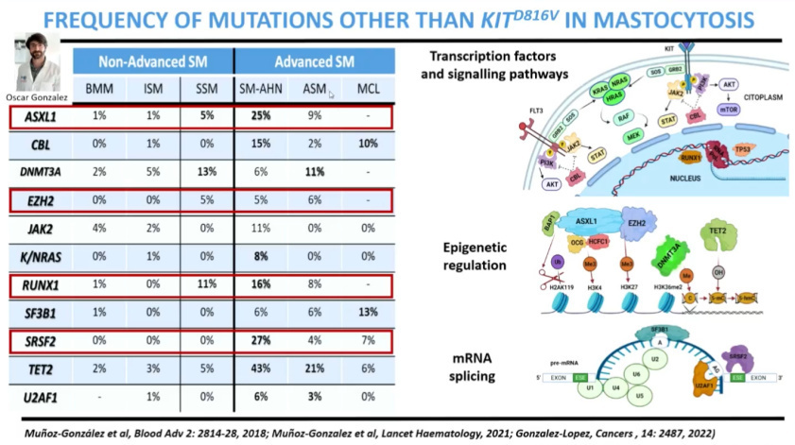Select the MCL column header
pyautogui.click(x=370, y=91)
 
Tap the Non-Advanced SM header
pyautogui.click(x=153, y=62)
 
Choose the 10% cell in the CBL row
pyautogui.click(x=370, y=144)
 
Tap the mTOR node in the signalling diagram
pyautogui.click(x=702, y=110)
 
